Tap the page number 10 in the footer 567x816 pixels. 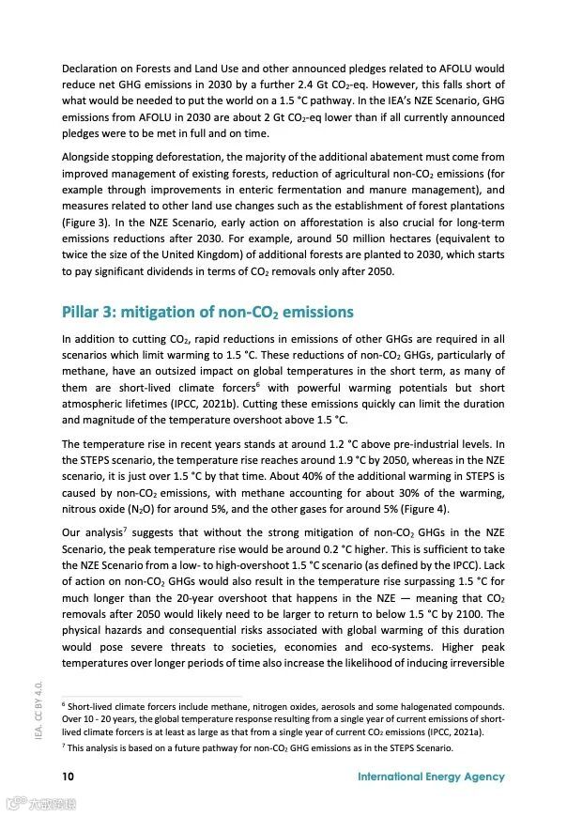pos(69,777)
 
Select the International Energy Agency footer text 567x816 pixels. pos(431,777)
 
